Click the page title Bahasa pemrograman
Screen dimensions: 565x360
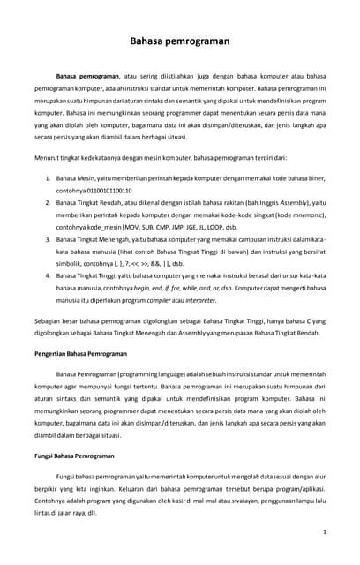[179, 40]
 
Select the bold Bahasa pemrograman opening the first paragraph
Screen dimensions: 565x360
[87, 77]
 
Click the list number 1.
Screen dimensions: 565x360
[48, 178]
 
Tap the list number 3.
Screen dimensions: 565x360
[48, 239]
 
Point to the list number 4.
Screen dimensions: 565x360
[48, 275]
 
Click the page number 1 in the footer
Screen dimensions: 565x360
[325, 532]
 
